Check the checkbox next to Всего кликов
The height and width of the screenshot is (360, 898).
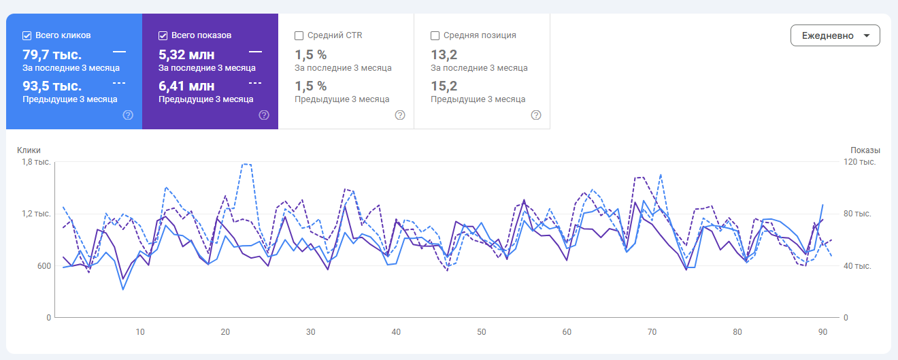pos(27,35)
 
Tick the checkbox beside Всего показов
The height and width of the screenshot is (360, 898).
pos(163,35)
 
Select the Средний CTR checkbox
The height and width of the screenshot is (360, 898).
pos(299,35)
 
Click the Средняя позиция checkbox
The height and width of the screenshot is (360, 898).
pos(435,35)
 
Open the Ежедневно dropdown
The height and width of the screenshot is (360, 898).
pos(835,35)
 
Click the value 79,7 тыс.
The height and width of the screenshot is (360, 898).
pos(52,54)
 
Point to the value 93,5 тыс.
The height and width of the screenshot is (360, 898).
pos(52,86)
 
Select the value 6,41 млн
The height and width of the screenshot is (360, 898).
pos(186,86)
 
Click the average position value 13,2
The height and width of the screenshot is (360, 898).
pos(444,54)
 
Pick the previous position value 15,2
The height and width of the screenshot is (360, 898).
pos(444,86)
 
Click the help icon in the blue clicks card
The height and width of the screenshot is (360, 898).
pos(128,115)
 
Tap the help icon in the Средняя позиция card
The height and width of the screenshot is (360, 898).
pos(536,115)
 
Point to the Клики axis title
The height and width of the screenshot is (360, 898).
pos(29,150)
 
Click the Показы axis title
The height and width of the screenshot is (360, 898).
pos(865,150)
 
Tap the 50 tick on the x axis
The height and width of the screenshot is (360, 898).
pos(482,332)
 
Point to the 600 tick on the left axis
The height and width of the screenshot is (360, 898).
pos(43,265)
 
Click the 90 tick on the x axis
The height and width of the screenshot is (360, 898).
pos(823,332)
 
